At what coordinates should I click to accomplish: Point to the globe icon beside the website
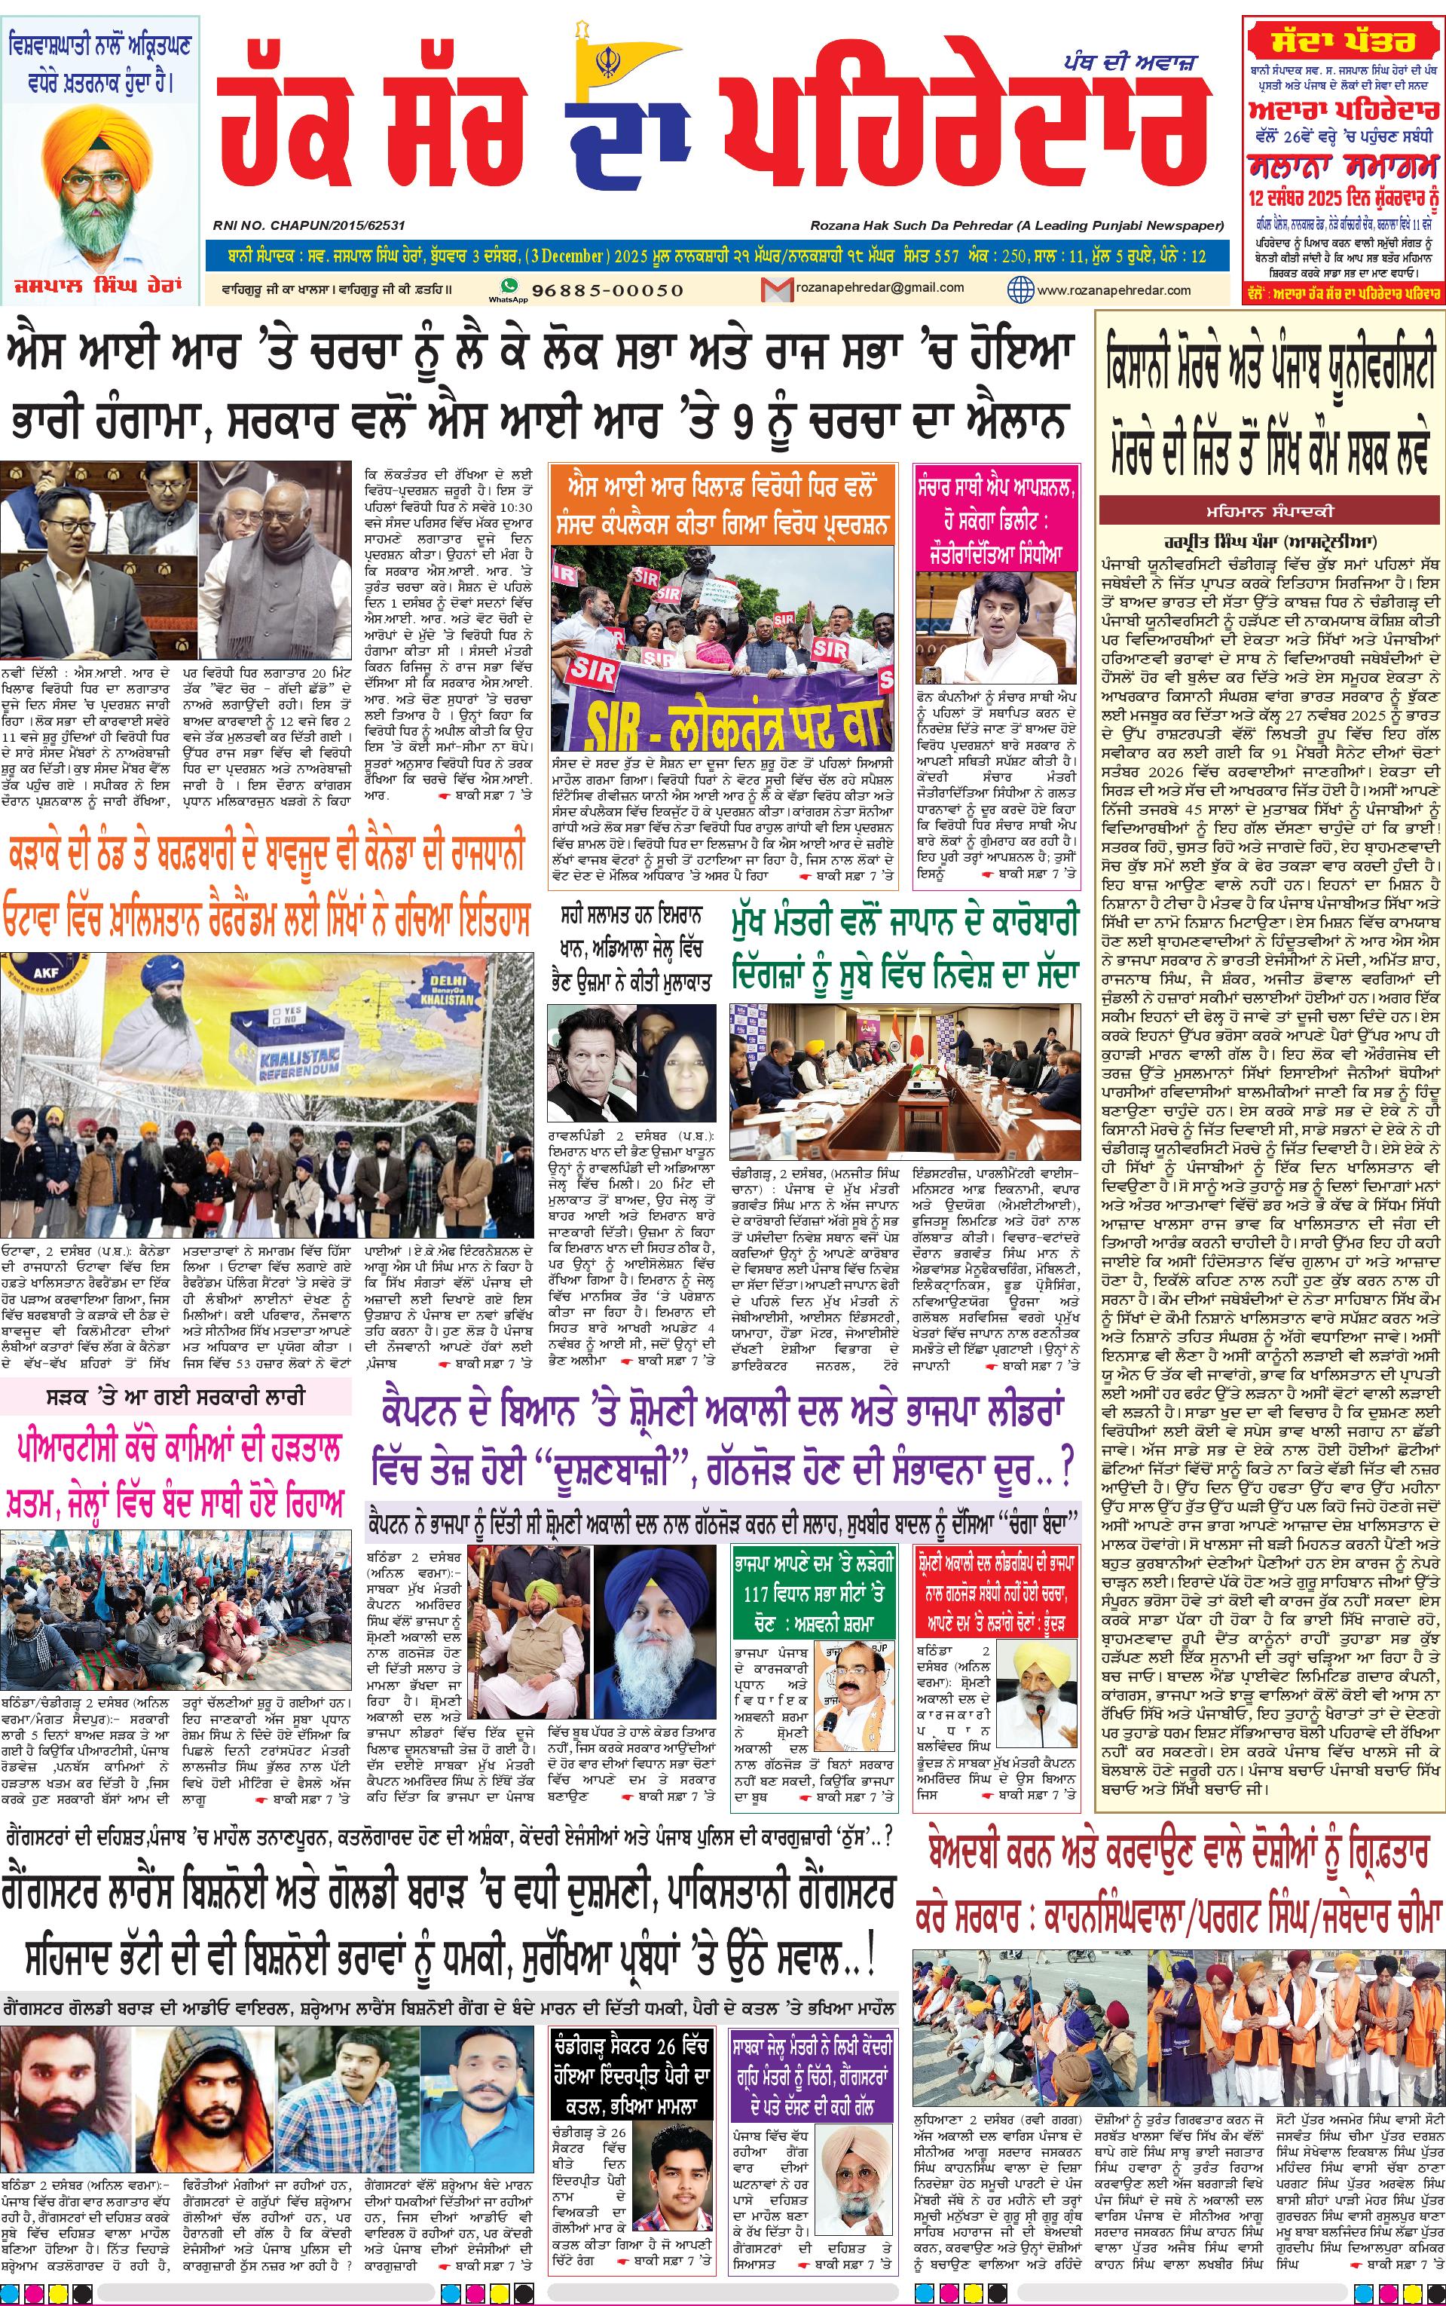1021,289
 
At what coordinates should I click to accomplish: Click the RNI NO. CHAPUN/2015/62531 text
309,225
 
